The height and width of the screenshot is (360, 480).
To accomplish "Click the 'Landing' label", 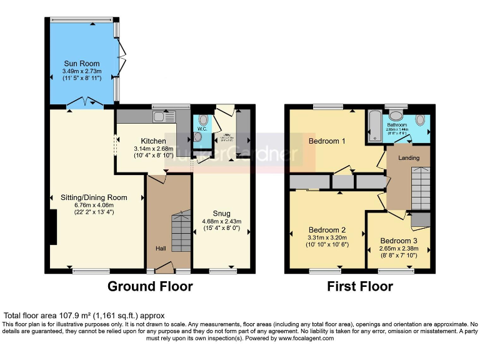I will (x=409, y=157).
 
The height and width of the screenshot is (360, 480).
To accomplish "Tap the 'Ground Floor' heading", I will (x=150, y=287).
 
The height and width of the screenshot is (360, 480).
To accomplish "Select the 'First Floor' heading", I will (x=360, y=287).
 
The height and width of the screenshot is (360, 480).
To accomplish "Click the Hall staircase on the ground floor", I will (x=180, y=231).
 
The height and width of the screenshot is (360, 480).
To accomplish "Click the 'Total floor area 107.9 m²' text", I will (x=84, y=316).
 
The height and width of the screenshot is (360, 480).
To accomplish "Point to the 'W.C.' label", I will (x=202, y=129).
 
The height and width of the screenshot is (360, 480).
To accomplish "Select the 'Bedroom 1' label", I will (x=327, y=141).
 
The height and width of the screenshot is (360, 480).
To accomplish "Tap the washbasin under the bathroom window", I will (x=396, y=116).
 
